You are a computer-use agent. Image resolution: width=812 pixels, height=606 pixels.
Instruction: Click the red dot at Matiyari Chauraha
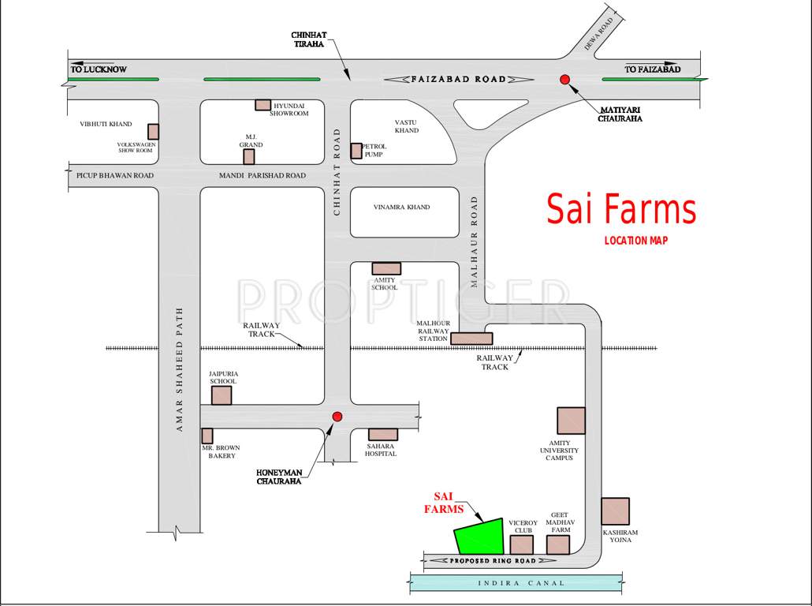(564, 79)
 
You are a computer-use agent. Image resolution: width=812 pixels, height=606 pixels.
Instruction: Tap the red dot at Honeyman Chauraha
(337, 417)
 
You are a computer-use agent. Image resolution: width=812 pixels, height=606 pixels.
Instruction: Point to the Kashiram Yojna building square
(615, 511)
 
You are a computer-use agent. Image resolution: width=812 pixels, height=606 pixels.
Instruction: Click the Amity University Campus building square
(572, 421)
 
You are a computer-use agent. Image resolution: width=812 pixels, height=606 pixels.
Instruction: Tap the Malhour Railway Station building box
(471, 339)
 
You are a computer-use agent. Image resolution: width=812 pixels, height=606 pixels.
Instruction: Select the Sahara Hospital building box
(383, 435)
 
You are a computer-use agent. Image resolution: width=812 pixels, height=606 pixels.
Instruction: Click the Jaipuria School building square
(222, 395)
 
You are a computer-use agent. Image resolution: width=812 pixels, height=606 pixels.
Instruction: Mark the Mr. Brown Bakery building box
(207, 436)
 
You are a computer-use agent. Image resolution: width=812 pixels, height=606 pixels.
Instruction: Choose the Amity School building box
(386, 268)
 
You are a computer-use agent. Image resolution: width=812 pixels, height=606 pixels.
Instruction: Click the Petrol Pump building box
(356, 151)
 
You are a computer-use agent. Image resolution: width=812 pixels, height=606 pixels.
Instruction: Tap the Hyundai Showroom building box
(263, 105)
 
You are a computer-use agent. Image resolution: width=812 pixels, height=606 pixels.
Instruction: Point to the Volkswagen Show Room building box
(154, 132)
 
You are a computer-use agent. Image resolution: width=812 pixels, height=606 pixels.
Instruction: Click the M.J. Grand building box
(249, 156)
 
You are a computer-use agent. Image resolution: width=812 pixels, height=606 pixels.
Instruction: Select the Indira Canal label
(521, 583)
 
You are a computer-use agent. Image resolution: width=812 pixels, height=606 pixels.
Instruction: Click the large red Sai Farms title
(621, 210)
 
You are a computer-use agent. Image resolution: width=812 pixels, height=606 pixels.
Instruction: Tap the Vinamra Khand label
(401, 208)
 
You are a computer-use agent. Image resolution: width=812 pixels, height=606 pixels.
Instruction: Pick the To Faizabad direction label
(652, 69)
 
